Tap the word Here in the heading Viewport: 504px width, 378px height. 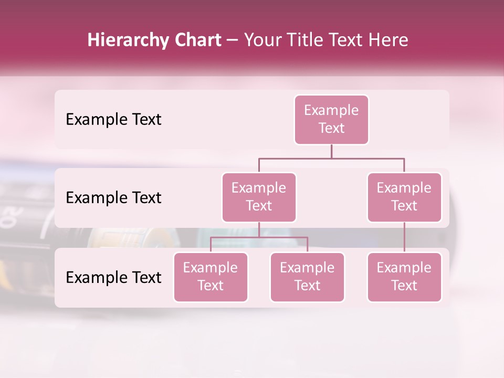(389, 40)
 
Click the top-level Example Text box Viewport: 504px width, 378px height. (331, 119)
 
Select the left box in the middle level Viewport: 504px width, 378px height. (259, 197)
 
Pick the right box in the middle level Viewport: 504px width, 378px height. (404, 197)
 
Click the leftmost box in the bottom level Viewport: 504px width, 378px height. (211, 277)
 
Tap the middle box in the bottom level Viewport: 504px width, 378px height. (307, 277)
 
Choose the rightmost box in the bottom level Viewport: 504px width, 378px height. (404, 277)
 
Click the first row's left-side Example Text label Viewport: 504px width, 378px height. (113, 119)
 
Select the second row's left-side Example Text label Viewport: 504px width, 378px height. (113, 197)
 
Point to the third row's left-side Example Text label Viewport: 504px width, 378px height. (113, 277)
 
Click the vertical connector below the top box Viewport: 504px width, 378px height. (331, 151)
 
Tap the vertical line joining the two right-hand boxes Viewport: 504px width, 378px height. (404, 237)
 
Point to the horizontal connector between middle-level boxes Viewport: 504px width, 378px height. (331, 158)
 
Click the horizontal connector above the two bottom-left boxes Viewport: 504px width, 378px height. (259, 237)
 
